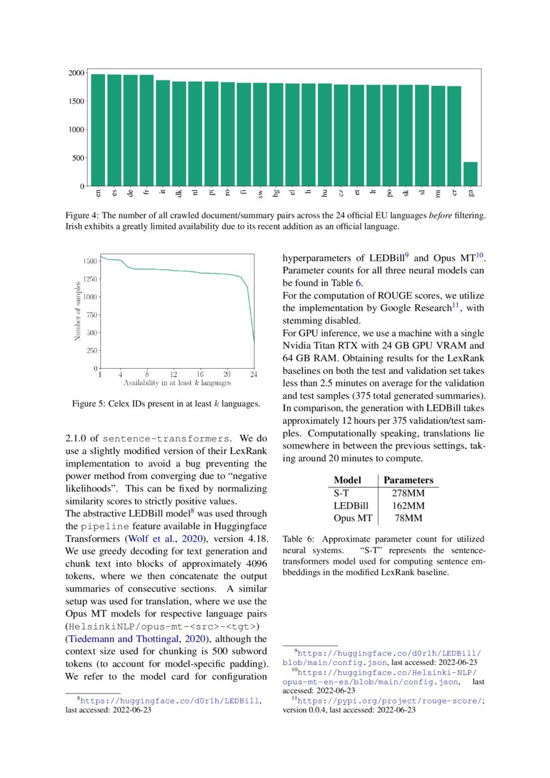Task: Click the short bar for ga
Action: (470, 174)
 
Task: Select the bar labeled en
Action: (98, 130)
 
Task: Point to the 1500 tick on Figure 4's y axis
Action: (75, 101)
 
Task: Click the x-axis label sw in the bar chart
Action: (260, 193)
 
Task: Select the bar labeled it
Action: (162, 133)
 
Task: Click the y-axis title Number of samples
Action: (77, 310)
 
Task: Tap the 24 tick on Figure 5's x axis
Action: (254, 375)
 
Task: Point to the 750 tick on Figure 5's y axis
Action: (88, 314)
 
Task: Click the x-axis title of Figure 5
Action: (177, 383)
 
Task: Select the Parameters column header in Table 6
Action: (408, 480)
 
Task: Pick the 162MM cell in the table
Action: (408, 506)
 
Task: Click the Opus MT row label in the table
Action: (351, 518)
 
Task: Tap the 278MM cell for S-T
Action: (408, 493)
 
